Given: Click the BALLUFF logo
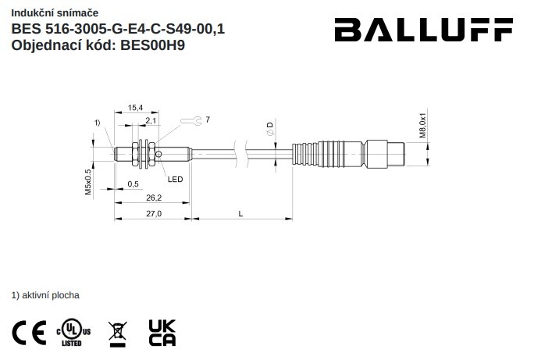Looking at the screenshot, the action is pos(424,30).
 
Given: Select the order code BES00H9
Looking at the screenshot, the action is pos(152,45).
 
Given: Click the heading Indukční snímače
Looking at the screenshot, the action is pos(55,13).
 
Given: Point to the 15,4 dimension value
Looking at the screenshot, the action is pos(135,108).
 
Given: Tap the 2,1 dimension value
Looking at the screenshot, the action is pos(151,120).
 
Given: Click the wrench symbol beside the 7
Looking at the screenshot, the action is pos(191,120).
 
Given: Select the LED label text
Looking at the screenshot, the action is pos(175,179).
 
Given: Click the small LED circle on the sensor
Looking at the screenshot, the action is pos(158,155).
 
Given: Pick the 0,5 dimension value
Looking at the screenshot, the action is pos(133,184).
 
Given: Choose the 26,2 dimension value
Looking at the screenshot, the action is pos(154,198).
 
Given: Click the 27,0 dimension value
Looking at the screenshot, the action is pos(154,213).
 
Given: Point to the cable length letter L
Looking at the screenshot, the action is pos(240,214).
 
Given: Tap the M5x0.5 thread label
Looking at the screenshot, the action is pos(88,182).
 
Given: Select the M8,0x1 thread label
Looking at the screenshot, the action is pos(422,123).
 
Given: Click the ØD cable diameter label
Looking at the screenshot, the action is pos(270,129).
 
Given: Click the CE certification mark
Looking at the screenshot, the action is pos(30,333).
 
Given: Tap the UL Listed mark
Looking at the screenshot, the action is pos(73,333).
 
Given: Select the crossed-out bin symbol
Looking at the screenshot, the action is pos(117,334).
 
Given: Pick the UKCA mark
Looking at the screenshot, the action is pos(162,333).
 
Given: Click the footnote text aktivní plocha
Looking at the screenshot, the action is pos(51,295).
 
